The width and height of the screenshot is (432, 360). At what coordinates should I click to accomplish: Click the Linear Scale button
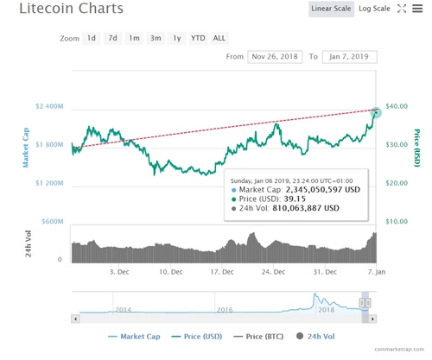[x=331, y=9]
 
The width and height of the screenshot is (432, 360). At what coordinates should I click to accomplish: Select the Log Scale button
[x=376, y=9]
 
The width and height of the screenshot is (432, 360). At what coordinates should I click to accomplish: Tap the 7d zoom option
[x=112, y=38]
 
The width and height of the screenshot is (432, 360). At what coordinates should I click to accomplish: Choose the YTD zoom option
[x=198, y=38]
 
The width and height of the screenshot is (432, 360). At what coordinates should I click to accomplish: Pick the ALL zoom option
[x=219, y=38]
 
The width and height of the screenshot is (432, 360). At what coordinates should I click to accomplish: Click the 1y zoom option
[x=176, y=38]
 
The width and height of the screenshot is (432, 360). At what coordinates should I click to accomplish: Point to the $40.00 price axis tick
[x=397, y=106]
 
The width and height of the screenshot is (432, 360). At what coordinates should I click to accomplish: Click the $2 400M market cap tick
[x=48, y=106]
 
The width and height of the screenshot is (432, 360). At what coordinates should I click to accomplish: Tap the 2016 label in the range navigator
[x=226, y=308]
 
